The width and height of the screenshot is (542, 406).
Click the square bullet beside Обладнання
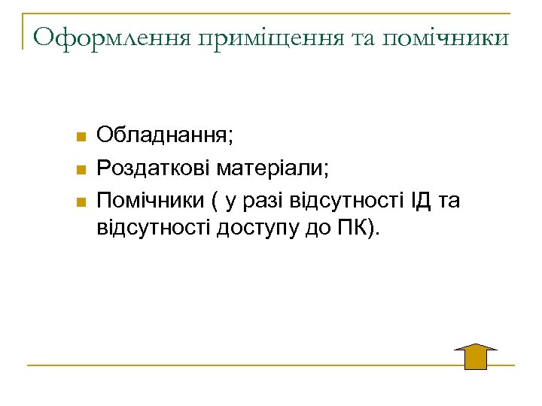[x=80, y=137]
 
